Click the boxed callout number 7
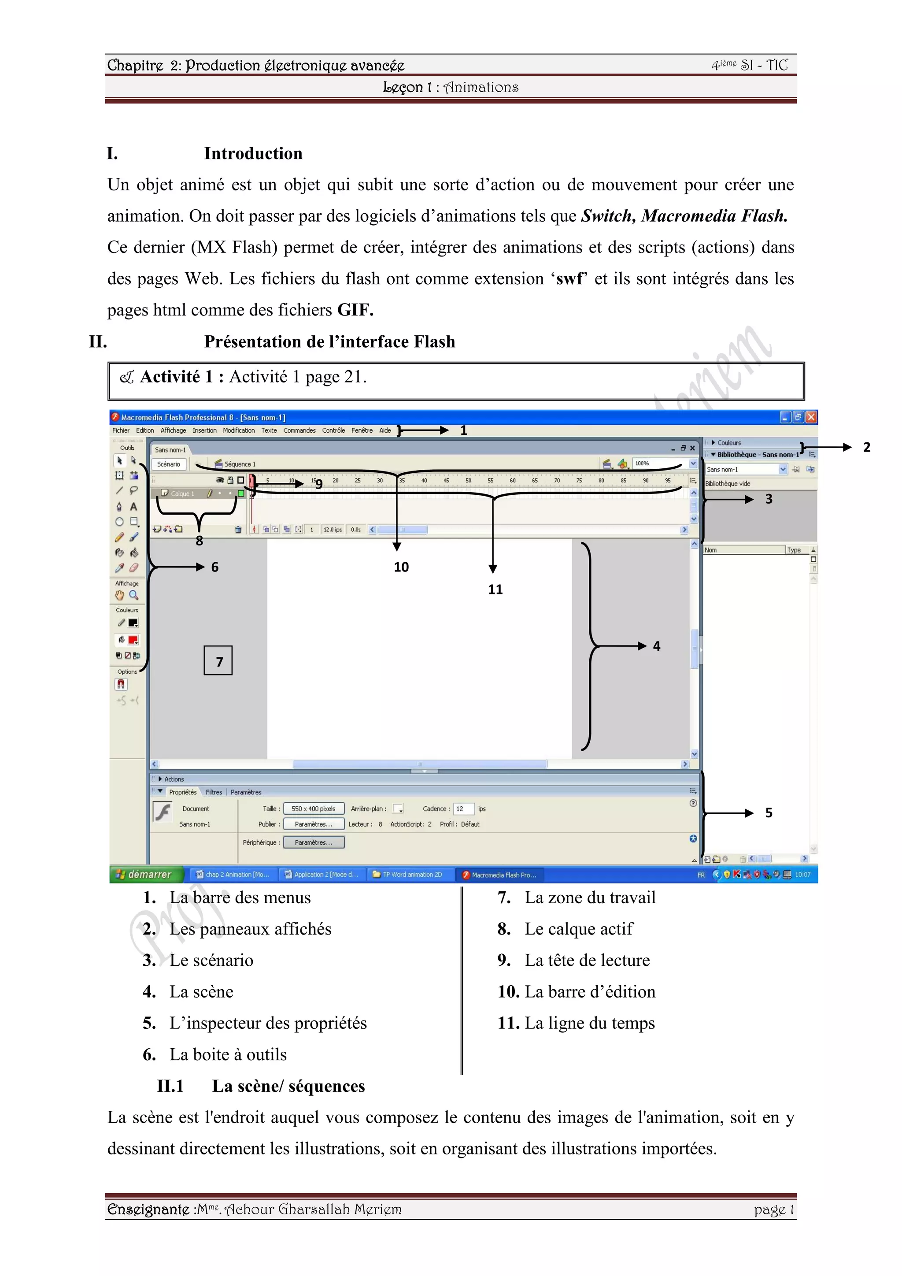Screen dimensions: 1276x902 pyautogui.click(x=218, y=661)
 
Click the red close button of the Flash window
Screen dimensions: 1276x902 pyautogui.click(x=811, y=417)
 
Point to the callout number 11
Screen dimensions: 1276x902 pyautogui.click(x=495, y=590)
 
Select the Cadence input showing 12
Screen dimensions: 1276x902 pyautogui.click(x=463, y=809)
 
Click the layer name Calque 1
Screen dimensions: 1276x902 pyautogui.click(x=182, y=493)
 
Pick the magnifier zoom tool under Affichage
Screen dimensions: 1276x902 pyautogui.click(x=134, y=595)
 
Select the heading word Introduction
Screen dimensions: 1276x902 pyautogui.click(x=253, y=154)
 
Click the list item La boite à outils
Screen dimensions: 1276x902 pyautogui.click(x=228, y=1055)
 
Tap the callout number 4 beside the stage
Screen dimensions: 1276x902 pyautogui.click(x=657, y=646)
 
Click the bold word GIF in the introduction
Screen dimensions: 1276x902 pyautogui.click(x=355, y=310)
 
